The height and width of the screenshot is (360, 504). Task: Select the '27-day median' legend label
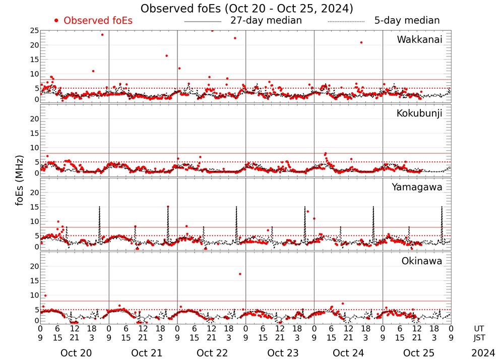[266, 21]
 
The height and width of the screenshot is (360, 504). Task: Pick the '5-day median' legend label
[407, 21]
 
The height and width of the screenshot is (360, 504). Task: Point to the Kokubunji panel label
[419, 113]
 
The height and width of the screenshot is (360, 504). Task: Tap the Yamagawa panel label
[417, 187]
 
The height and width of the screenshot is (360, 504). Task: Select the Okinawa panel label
[421, 261]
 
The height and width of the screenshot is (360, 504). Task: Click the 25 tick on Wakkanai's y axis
[34, 31]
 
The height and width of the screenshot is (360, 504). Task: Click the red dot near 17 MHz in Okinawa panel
[240, 274]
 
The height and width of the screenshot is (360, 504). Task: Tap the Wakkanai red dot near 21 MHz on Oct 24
[361, 42]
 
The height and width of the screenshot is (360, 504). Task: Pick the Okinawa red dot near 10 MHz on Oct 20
[45, 295]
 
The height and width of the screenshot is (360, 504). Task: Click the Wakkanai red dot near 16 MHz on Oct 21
[166, 55]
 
